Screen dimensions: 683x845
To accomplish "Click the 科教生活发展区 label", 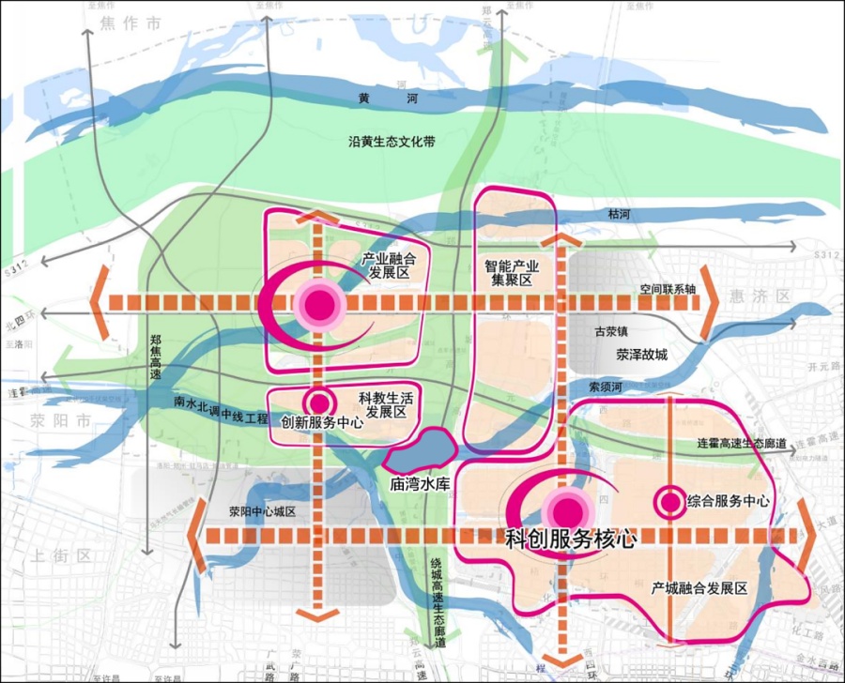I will [x=386, y=405].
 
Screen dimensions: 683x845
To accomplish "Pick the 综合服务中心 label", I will [x=728, y=501].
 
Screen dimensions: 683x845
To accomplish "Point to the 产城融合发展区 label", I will [x=699, y=588].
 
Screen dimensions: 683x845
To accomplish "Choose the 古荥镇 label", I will [x=613, y=331].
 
